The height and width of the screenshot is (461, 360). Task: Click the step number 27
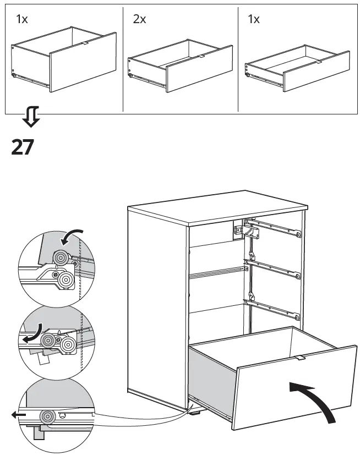click(x=23, y=147)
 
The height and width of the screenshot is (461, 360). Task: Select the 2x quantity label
click(x=140, y=20)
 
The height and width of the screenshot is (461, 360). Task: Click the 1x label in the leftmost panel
click(x=22, y=20)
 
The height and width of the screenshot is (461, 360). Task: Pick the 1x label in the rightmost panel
click(x=254, y=20)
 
